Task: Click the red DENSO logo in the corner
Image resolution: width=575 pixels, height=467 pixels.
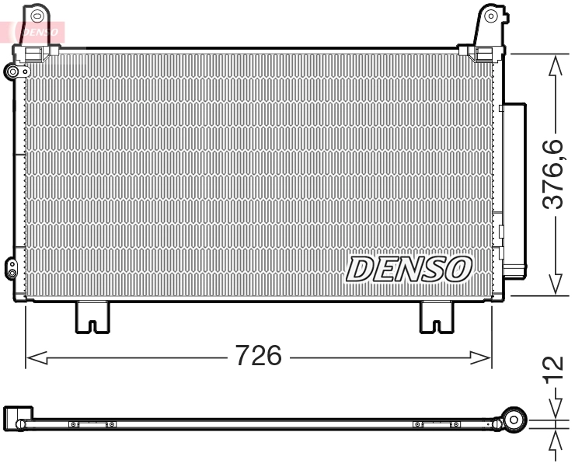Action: (x=34, y=32)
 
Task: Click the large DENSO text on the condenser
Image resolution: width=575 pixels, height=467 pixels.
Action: (x=409, y=270)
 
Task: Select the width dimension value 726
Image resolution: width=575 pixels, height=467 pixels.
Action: (x=258, y=357)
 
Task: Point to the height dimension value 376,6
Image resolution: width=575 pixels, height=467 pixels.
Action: (x=552, y=175)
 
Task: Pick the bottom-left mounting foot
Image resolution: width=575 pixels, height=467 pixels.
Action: (x=92, y=317)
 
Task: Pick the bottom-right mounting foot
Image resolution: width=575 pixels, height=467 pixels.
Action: (x=437, y=317)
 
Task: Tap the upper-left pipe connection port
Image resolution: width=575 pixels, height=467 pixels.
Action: (x=13, y=71)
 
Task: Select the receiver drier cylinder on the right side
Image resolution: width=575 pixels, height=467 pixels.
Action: (x=514, y=190)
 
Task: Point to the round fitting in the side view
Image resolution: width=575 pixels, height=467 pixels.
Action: (x=512, y=420)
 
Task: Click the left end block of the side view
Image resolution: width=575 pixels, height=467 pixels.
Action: (x=17, y=418)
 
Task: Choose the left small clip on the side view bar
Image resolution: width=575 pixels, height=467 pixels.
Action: (x=92, y=424)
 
